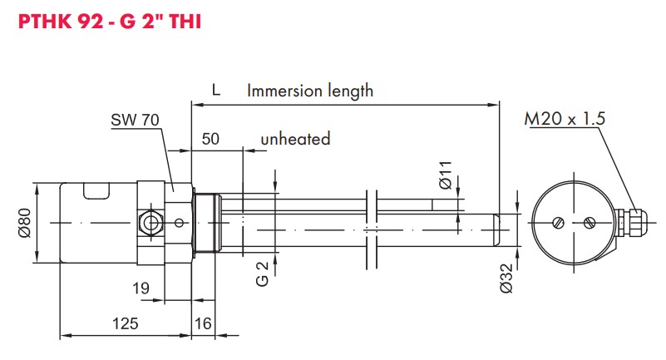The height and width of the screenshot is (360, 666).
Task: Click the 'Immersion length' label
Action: (x=310, y=91)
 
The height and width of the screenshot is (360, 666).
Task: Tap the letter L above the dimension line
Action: (x=215, y=91)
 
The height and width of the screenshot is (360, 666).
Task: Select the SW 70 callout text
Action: (x=135, y=121)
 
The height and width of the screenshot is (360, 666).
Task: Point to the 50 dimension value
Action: (x=210, y=139)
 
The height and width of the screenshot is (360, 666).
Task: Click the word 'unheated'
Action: (x=295, y=139)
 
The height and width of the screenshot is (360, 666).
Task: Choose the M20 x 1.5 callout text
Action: (x=565, y=119)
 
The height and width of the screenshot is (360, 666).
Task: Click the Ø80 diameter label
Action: (x=26, y=222)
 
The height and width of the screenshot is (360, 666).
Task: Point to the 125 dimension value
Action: (x=126, y=323)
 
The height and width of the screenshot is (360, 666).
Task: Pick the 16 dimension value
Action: (x=203, y=323)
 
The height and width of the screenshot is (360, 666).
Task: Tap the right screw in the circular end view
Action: (x=589, y=222)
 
